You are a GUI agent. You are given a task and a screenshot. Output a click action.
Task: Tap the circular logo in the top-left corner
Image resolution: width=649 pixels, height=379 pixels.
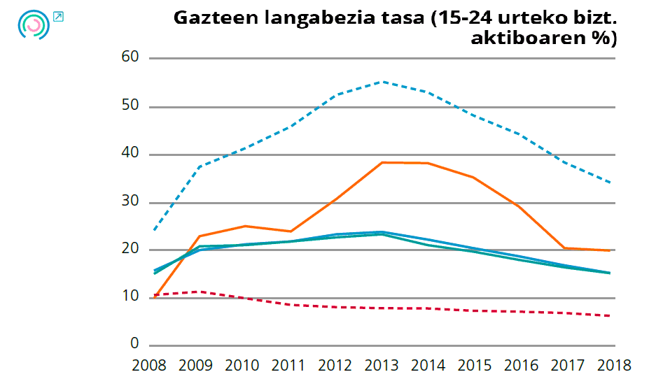(x=33, y=24)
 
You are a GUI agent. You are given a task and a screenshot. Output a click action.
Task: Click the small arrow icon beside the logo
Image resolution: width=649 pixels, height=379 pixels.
(x=58, y=17)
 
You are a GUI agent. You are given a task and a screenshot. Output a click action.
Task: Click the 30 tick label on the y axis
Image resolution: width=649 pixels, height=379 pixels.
(x=131, y=202)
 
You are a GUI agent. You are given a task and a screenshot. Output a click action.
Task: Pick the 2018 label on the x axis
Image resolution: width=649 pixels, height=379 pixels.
(x=614, y=365)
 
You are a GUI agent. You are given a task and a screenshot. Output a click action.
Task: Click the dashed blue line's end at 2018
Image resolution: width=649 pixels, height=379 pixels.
(x=613, y=183)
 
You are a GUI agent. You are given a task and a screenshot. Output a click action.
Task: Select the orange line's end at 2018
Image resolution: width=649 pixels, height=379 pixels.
(x=613, y=250)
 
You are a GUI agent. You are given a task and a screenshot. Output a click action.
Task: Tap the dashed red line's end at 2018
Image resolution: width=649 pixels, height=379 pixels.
(x=613, y=315)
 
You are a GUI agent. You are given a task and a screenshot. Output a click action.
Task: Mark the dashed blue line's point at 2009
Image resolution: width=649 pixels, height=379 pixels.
(x=200, y=166)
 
